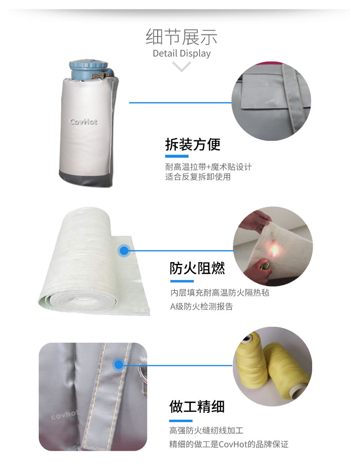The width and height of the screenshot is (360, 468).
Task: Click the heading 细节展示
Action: click(181, 37)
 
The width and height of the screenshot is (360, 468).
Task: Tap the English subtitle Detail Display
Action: click(181, 53)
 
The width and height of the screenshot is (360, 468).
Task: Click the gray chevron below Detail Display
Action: click(181, 66)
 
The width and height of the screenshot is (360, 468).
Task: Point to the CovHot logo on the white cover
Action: click(83, 122)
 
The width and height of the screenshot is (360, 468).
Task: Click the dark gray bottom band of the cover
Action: click(85, 179)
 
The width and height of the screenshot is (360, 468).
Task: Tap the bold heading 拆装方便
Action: click(193, 144)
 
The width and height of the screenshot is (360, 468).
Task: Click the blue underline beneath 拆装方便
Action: click(177, 156)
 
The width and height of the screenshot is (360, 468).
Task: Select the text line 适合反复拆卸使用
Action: click(198, 177)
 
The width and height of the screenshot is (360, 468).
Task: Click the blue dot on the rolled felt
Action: click(124, 251)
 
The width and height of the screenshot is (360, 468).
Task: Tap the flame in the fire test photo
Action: click(274, 250)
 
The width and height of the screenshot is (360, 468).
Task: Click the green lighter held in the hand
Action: click(264, 265)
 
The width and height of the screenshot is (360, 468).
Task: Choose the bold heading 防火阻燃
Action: click(197, 268)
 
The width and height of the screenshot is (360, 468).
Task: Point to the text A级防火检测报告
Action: click(201, 307)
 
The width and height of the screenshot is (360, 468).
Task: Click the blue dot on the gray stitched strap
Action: click(118, 365)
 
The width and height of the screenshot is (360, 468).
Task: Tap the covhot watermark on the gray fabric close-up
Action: click(64, 415)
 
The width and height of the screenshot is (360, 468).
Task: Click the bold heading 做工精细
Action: click(197, 407)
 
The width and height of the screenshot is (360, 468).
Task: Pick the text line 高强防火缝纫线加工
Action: click(206, 430)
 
